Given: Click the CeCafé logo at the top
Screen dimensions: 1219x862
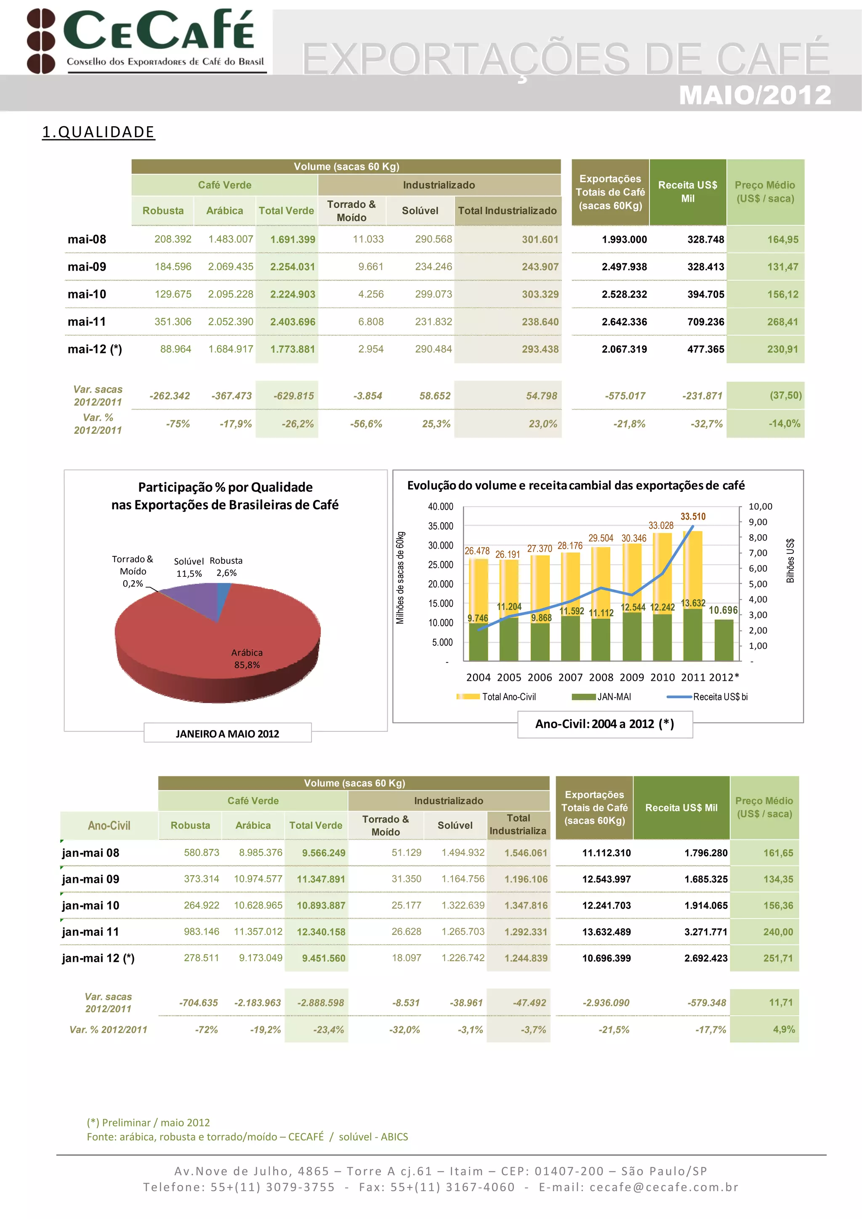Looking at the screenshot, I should [x=146, y=40].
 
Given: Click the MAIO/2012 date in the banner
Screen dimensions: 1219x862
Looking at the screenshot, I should [x=754, y=95].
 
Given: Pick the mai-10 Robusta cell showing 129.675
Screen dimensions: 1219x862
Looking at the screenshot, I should [x=173, y=294].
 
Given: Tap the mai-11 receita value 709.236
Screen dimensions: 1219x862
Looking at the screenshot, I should [x=705, y=322].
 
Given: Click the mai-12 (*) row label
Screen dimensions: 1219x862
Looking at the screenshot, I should [x=95, y=349].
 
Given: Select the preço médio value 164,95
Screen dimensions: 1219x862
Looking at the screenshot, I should [x=782, y=239].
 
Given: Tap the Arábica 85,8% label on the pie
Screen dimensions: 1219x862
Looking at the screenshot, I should [x=247, y=659].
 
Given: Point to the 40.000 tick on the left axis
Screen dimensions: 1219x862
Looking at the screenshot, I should [x=440, y=507].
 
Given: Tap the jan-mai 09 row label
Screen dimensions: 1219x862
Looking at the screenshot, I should [x=90, y=879].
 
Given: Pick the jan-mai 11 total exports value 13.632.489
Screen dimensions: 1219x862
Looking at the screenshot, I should [x=606, y=932].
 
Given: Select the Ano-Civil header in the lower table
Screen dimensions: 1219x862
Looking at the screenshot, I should [x=109, y=826].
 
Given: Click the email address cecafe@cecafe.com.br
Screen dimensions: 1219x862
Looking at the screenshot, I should [x=663, y=1187].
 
